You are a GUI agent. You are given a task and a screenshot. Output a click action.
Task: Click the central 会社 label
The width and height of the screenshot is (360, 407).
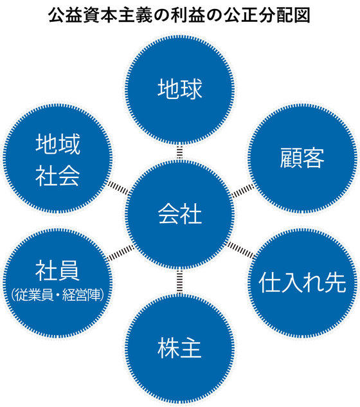[x=179, y=213]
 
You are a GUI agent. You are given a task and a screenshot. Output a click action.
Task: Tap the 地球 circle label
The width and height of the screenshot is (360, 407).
[x=179, y=89]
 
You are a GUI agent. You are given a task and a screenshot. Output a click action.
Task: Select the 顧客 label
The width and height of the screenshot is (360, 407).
[x=302, y=158]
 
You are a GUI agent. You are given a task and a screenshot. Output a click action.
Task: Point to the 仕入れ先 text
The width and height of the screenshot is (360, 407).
[x=302, y=282]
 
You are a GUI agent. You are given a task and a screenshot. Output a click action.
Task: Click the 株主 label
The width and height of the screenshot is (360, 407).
[x=179, y=348]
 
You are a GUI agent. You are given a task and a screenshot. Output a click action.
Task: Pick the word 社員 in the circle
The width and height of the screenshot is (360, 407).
[x=57, y=271]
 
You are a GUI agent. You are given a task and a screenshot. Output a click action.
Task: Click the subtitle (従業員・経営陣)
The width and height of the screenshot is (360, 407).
[x=57, y=294]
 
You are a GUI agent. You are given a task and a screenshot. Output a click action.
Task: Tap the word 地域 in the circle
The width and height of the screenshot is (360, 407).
[x=58, y=144]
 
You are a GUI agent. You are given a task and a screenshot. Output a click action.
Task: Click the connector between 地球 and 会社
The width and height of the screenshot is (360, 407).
[x=179, y=152]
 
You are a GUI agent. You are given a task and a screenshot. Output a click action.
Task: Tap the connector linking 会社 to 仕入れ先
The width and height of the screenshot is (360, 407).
[x=240, y=250]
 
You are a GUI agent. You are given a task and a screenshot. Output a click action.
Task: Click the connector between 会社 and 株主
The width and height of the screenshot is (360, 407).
[x=179, y=281]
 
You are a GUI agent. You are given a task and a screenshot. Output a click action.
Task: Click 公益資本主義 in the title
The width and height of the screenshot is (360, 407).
[x=100, y=15]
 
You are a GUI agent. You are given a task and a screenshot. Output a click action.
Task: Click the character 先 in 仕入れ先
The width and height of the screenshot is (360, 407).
[x=336, y=282]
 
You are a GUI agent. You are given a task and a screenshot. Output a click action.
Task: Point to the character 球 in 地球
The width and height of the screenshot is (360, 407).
[x=192, y=89]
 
